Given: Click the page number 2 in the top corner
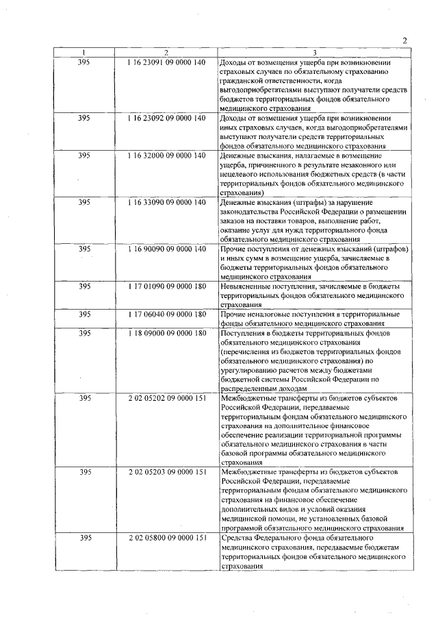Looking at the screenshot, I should tap(404, 41).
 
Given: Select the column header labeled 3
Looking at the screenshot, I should tap(314, 53).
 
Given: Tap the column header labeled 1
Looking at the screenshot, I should tap(83, 53).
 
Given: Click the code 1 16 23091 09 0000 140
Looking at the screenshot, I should tap(166, 63).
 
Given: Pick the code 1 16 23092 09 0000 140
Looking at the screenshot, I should tap(166, 119).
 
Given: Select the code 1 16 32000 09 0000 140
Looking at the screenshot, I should tap(166, 156).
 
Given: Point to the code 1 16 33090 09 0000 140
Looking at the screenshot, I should tap(166, 203).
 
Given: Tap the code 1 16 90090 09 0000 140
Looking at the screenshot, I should tap(166, 249).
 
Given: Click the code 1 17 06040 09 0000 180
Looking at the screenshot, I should tap(166, 314).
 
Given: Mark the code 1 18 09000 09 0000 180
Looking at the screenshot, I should tap(166, 333).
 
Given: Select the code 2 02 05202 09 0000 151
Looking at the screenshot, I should tap(166, 398).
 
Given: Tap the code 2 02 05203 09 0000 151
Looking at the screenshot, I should tap(166, 473).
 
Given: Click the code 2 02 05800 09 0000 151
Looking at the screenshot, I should tap(166, 538).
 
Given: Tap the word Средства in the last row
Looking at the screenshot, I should tap(237, 538).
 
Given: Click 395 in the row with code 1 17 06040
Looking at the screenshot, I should tap(83, 314).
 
